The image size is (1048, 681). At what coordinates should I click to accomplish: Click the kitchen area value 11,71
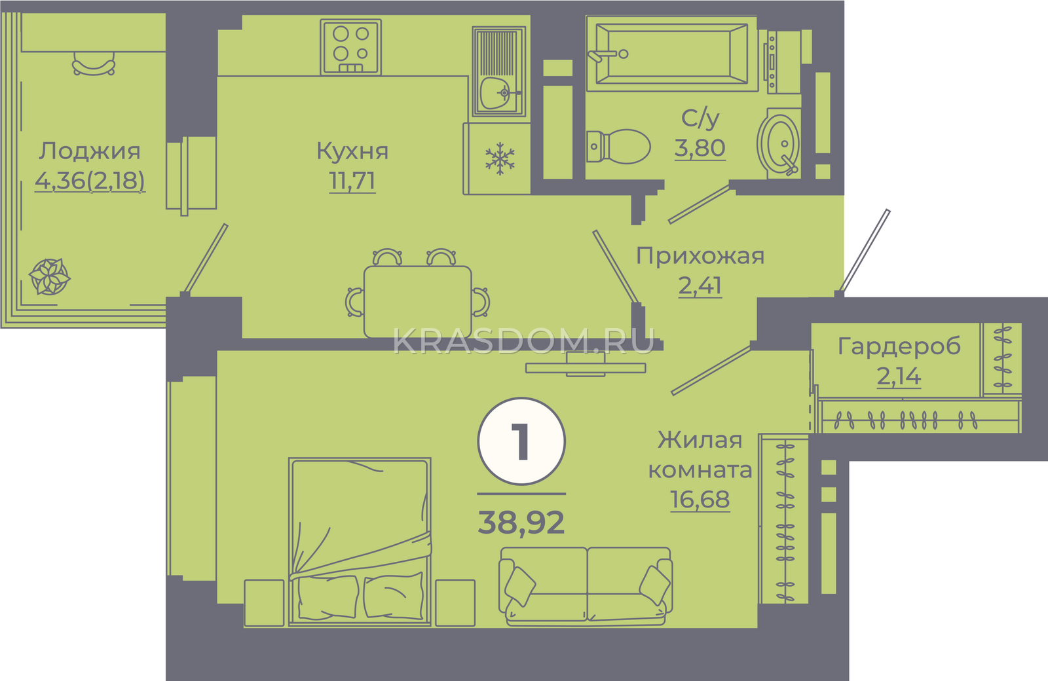coord(352,181)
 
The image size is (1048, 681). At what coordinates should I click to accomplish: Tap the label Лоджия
coord(89,151)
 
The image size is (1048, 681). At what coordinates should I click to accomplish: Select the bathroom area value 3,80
coord(700,148)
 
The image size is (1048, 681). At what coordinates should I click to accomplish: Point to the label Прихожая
coord(700,256)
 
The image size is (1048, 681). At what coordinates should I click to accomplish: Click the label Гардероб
coord(899,346)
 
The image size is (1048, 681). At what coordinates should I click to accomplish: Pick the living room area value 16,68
coord(700,499)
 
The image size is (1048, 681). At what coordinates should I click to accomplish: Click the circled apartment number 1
coord(521,441)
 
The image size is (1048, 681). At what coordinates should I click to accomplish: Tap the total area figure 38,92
coord(521,523)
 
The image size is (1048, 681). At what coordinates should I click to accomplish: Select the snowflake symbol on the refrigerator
coord(500,158)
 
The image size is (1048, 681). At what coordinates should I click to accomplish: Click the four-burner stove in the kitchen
coord(351,46)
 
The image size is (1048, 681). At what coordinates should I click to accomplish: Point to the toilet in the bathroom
coord(618,147)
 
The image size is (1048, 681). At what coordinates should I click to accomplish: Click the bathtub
coord(671,54)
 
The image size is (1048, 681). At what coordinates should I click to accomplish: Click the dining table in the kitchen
coord(417,302)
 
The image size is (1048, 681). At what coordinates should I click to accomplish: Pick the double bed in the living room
coord(360,542)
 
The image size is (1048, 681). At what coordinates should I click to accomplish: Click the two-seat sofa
coord(586,587)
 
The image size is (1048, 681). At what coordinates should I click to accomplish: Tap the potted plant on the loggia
coord(50,276)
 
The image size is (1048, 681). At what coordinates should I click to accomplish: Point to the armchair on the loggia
coord(94,64)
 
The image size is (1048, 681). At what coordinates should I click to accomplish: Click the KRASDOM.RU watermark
coord(523,341)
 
